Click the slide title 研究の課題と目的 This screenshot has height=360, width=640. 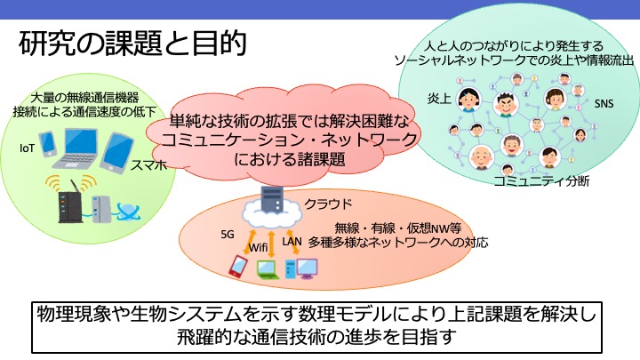[x=132, y=43]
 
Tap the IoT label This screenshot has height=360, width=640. [x=27, y=148]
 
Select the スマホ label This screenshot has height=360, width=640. [x=149, y=165]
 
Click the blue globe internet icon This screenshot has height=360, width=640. [x=128, y=212]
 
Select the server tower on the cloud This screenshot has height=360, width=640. [x=272, y=200]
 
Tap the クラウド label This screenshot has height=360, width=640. [x=328, y=204]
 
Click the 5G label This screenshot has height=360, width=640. [x=228, y=235]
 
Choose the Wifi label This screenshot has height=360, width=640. [x=258, y=247]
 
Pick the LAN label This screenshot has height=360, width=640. [x=292, y=242]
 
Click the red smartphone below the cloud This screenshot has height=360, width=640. [x=237, y=266]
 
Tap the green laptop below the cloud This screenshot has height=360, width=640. [x=268, y=270]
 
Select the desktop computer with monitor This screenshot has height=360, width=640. [x=301, y=268]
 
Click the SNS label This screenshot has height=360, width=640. [x=604, y=104]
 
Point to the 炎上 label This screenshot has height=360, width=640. [x=440, y=99]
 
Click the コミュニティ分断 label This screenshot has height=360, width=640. [x=541, y=181]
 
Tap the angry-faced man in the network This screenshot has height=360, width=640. [x=506, y=105]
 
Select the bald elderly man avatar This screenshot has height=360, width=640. [x=481, y=157]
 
